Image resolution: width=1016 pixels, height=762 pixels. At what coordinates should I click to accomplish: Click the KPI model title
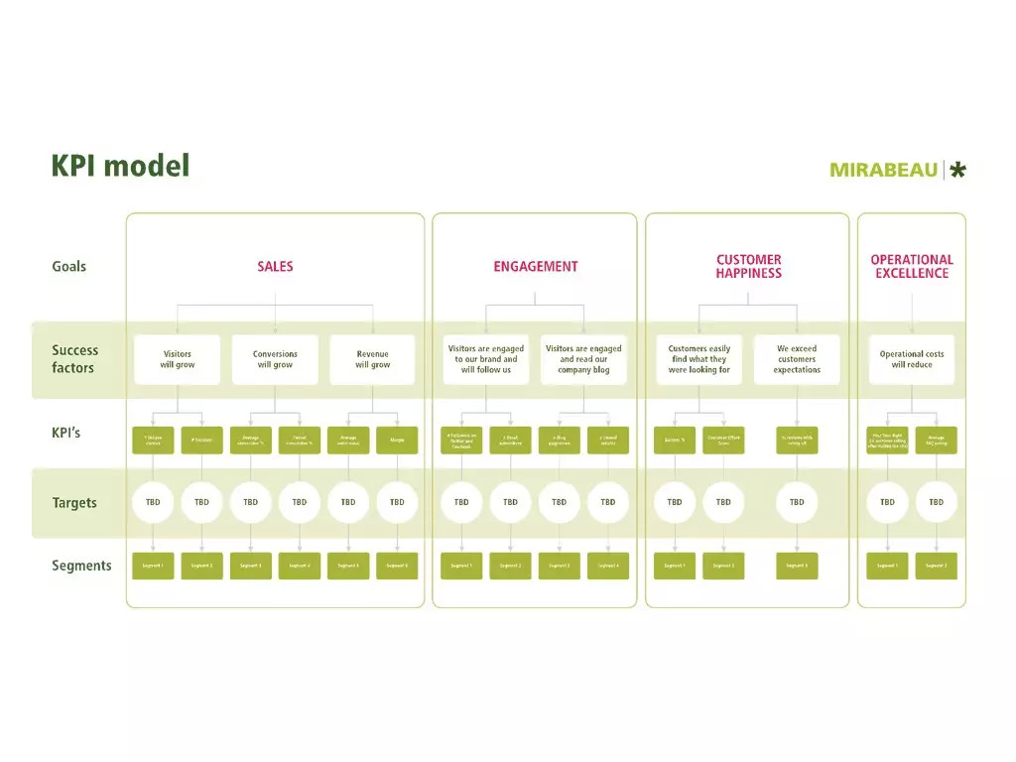pyautogui.click(x=120, y=165)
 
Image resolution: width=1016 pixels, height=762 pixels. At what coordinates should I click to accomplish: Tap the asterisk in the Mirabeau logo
pyautogui.click(x=957, y=170)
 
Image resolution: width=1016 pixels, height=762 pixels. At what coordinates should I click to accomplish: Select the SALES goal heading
pyautogui.click(x=275, y=266)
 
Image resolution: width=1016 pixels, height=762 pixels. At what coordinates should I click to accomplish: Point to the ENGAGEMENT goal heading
pyautogui.click(x=535, y=266)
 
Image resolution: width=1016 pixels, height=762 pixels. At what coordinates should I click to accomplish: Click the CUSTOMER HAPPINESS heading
pyautogui.click(x=748, y=266)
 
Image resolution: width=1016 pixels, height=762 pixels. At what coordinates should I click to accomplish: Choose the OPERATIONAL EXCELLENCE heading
pyautogui.click(x=911, y=266)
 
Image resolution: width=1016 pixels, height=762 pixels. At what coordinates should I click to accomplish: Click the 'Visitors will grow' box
pyautogui.click(x=178, y=359)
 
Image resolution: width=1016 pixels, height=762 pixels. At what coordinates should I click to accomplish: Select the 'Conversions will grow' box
pyautogui.click(x=275, y=359)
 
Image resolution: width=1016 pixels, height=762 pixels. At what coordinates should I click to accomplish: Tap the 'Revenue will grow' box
pyautogui.click(x=373, y=359)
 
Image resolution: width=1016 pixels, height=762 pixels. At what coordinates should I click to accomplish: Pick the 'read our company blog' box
pyautogui.click(x=583, y=359)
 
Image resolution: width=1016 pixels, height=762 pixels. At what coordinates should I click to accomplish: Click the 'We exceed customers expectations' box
pyautogui.click(x=797, y=359)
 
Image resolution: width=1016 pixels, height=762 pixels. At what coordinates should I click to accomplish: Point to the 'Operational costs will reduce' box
pyautogui.click(x=911, y=359)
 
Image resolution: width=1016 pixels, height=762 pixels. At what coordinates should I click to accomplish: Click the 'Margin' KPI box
pyautogui.click(x=397, y=440)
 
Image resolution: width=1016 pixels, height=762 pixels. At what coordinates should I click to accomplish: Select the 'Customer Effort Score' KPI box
pyautogui.click(x=723, y=440)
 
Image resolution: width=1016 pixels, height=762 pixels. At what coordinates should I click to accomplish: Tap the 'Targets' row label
pyautogui.click(x=74, y=503)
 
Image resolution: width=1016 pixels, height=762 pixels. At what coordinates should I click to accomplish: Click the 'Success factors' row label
pyautogui.click(x=74, y=359)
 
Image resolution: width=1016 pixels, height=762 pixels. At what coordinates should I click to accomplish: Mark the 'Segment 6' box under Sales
pyautogui.click(x=397, y=566)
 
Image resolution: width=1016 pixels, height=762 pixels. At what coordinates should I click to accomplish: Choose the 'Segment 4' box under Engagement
pyautogui.click(x=608, y=566)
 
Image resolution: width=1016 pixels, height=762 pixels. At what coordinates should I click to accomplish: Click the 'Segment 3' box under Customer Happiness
pyautogui.click(x=797, y=566)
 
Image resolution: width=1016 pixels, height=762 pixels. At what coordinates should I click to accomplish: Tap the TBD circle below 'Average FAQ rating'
pyautogui.click(x=936, y=502)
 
